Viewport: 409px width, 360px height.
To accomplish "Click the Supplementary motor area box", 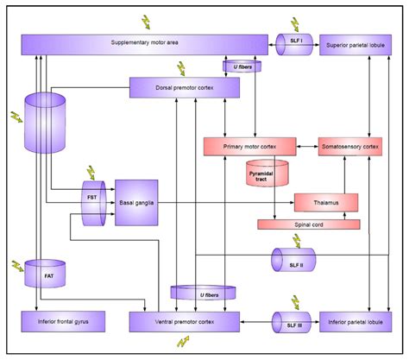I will pos(143,44).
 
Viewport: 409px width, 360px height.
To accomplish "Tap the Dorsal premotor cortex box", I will pos(184,87).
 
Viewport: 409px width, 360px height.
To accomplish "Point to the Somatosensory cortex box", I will pos(349,148).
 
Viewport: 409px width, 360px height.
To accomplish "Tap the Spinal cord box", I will pos(308,224).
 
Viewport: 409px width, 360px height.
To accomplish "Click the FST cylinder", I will pos(93,204).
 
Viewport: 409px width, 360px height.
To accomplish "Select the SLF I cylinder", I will pos(294,44).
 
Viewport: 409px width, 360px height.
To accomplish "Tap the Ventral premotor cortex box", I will pos(184,322).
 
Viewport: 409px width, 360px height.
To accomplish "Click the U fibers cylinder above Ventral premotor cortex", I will pos(204,294).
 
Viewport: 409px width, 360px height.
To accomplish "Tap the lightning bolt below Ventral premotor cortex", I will pos(182,343).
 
